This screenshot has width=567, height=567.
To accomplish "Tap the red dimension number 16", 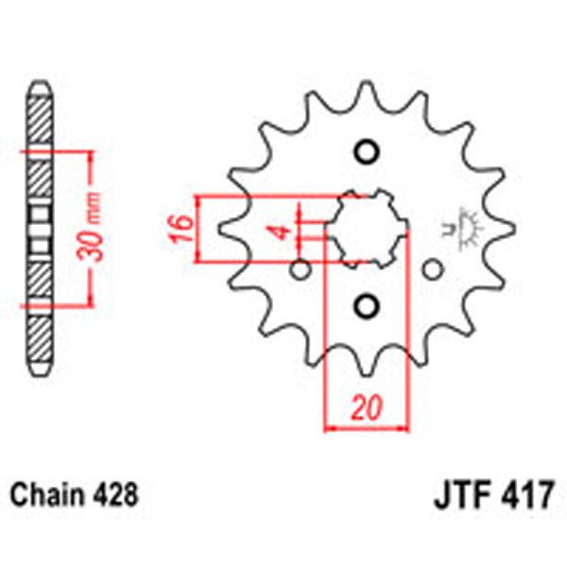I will coord(184,227).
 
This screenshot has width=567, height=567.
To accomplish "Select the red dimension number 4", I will coord(282,231).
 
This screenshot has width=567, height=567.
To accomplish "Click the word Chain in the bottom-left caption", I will coord(44,494).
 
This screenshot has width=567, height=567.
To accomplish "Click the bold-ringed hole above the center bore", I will coord(367,151).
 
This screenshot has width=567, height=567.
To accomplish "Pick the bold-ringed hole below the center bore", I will coord(367,303).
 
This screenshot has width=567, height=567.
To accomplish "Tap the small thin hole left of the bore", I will coord(301,269).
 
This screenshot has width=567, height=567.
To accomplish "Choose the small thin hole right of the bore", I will coord(433,269).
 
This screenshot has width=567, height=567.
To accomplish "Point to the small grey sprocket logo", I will coord(464,228).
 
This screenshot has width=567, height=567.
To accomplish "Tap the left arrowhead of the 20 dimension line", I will coord(330,428).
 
